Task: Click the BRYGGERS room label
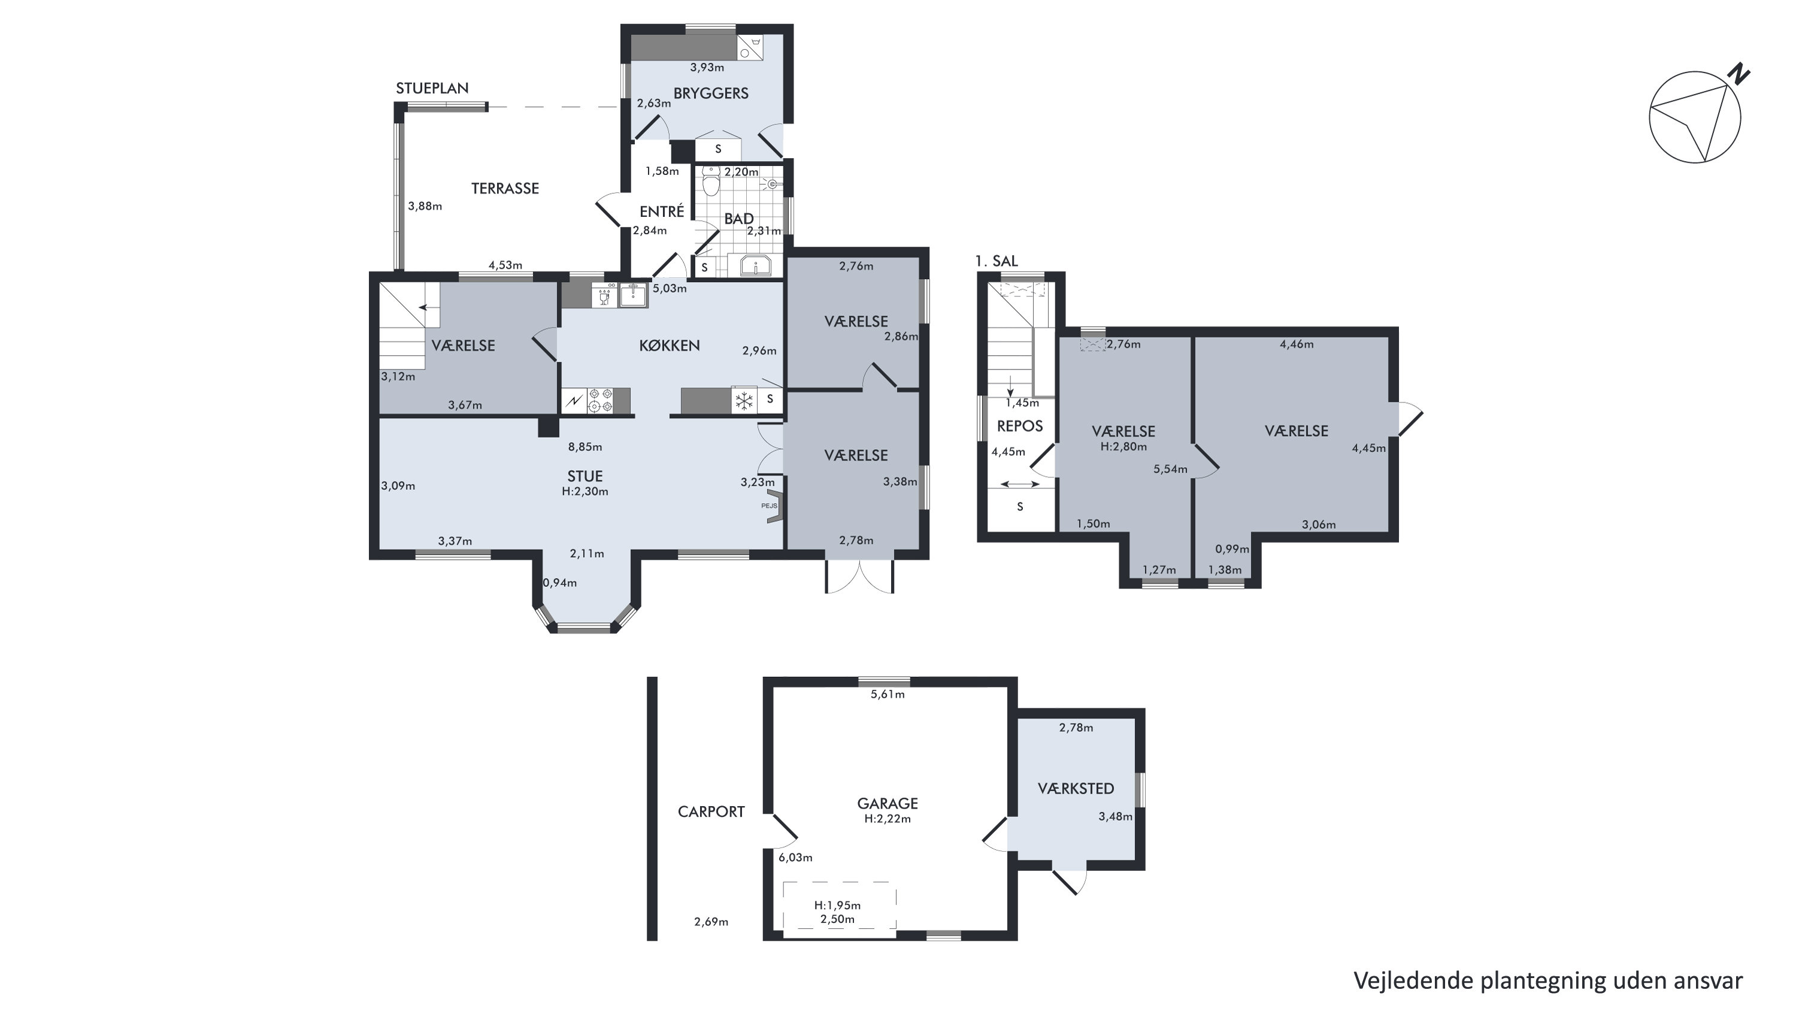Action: (x=710, y=93)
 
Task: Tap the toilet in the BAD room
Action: (x=710, y=181)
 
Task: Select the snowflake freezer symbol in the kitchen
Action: (x=744, y=400)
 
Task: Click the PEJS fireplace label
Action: (x=768, y=505)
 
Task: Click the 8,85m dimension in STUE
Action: (x=585, y=447)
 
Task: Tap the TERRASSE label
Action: (x=505, y=188)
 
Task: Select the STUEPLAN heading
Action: (x=432, y=89)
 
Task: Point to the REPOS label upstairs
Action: (x=1019, y=426)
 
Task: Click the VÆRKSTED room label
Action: (x=1076, y=789)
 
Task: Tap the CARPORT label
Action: (x=711, y=812)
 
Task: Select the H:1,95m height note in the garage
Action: (x=837, y=906)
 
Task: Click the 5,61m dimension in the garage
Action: (x=888, y=694)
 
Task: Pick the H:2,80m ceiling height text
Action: (x=1123, y=447)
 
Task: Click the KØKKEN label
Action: (x=670, y=346)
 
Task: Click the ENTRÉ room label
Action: (x=662, y=211)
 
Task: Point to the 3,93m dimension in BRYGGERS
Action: (x=707, y=68)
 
